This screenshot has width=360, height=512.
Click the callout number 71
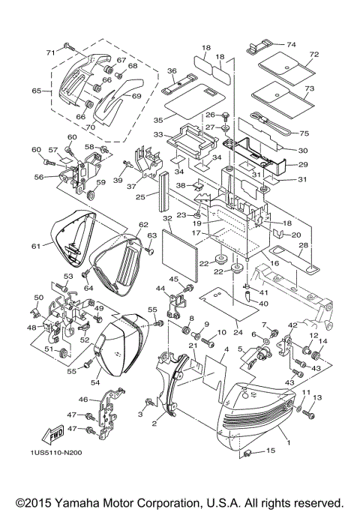(50, 52)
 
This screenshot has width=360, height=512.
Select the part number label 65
(35, 91)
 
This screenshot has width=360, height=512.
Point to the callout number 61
(35, 244)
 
